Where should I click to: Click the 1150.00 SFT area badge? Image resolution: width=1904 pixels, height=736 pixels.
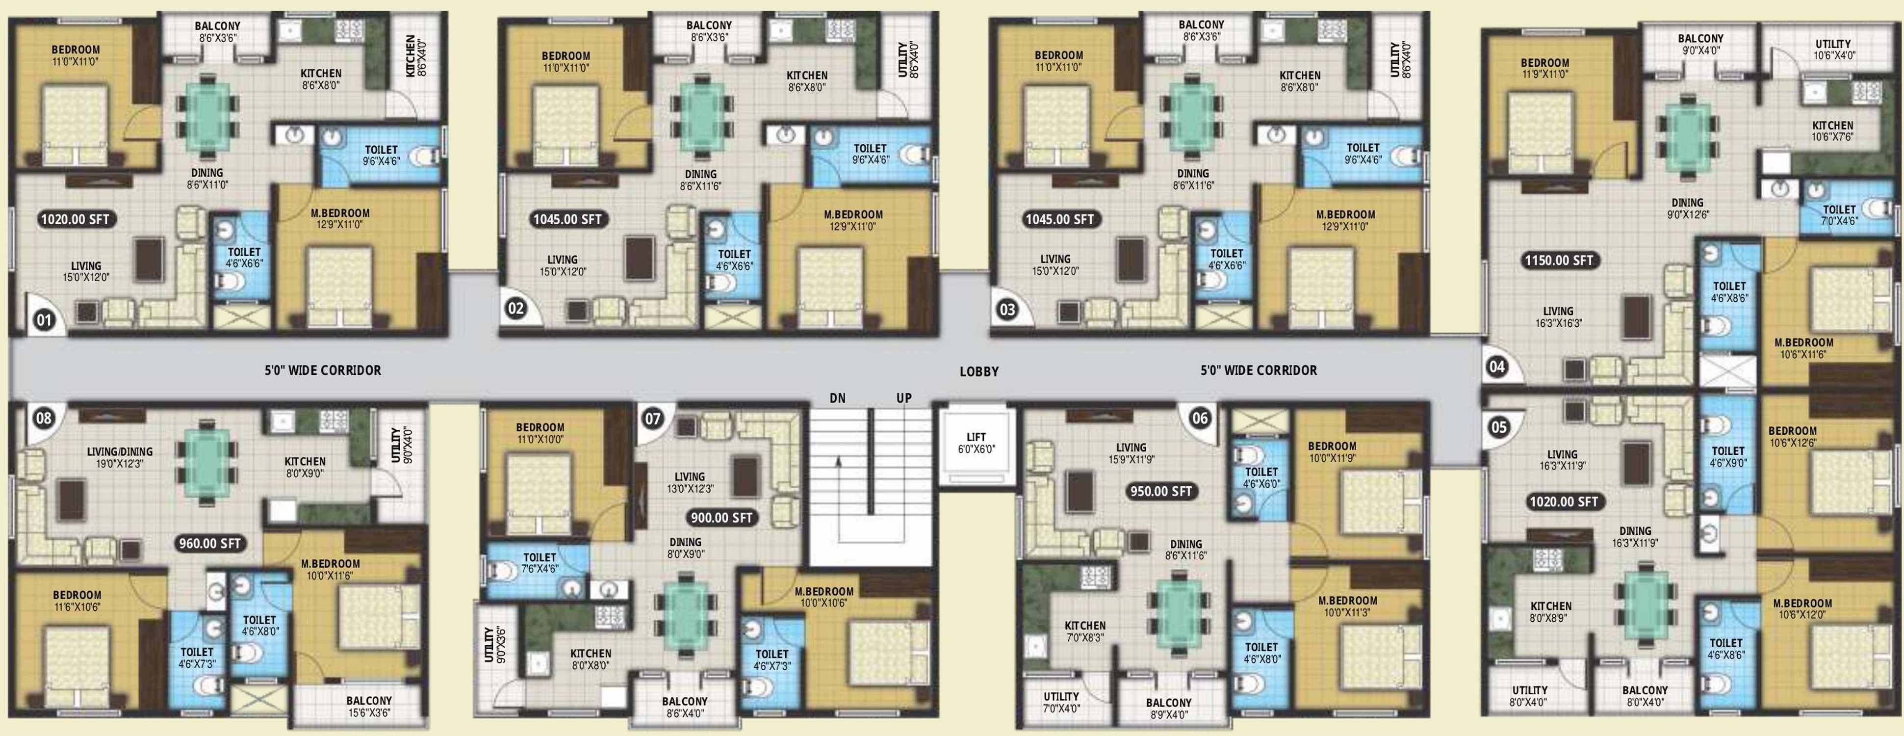[1559, 261]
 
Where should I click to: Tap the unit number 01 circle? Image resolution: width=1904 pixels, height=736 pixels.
[44, 320]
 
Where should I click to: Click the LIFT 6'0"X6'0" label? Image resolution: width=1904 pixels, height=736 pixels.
[977, 443]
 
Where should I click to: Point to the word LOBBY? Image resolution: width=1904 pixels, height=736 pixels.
[979, 371]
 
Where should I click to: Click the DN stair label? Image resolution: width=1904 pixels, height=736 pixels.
[837, 398]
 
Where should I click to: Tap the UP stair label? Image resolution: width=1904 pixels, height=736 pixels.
[904, 398]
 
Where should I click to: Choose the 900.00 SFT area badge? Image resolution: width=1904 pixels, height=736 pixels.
[720, 518]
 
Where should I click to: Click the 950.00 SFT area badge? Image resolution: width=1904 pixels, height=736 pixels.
[1160, 491]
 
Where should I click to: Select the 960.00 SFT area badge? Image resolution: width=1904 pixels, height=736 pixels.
[210, 544]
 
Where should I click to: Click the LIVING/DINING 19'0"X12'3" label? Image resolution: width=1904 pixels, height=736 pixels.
[120, 458]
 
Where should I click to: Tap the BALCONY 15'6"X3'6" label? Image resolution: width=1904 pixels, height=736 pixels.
[369, 707]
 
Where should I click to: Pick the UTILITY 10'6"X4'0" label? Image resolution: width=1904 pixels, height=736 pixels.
[1834, 50]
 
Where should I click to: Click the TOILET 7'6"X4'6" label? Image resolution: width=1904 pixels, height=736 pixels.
[540, 563]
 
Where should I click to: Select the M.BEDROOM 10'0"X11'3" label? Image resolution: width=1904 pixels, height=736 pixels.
[1347, 606]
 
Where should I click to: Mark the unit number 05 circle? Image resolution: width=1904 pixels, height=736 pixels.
[1499, 427]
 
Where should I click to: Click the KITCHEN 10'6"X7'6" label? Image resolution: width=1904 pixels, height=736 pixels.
[1832, 131]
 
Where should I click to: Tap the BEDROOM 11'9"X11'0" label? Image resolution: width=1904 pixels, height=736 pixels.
[1545, 69]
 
